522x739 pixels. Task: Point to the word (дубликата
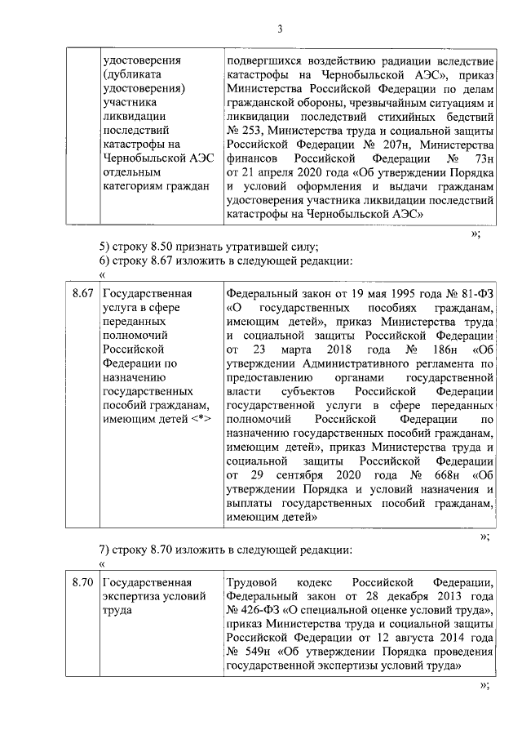tap(135, 74)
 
